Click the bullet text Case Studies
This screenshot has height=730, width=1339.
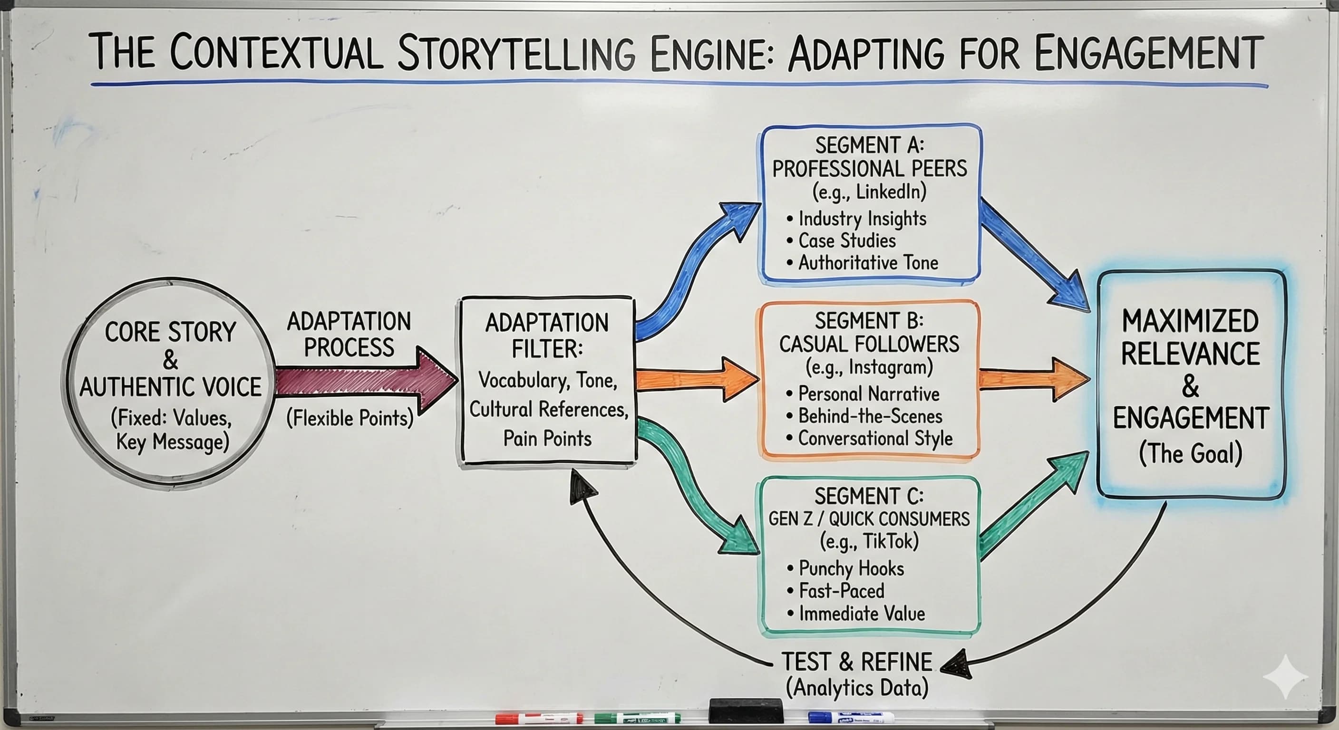[847, 240]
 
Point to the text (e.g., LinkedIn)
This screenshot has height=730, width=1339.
[869, 192]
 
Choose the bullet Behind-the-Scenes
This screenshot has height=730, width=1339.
[870, 416]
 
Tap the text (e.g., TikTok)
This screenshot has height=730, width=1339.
[869, 541]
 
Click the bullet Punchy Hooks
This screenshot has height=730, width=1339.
[851, 568]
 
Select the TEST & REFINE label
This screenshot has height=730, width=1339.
[857, 662]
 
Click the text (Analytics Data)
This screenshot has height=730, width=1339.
[857, 688]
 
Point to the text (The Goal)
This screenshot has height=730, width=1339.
[1190, 453]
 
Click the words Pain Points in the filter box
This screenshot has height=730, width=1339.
[547, 439]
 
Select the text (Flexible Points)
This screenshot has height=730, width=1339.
[349, 418]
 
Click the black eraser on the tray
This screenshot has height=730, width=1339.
[746, 710]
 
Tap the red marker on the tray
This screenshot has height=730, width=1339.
[538, 719]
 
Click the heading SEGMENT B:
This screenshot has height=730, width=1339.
[869, 321]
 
